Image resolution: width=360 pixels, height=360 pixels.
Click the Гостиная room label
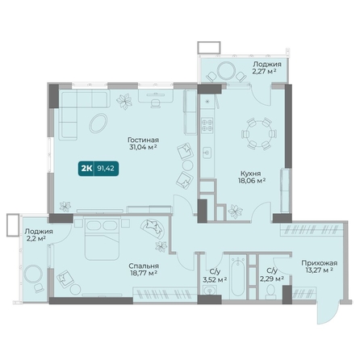tap(143, 140)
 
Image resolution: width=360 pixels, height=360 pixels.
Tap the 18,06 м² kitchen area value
tap(252, 181)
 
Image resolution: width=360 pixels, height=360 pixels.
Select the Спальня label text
tap(144, 266)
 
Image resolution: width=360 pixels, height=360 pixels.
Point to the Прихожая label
tap(319, 263)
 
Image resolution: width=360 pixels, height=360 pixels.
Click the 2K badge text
tap(86, 169)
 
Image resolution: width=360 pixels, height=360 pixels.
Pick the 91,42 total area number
tap(106, 169)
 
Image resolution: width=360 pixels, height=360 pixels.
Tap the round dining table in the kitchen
tap(259, 134)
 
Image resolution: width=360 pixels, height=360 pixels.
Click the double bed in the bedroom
tap(102, 239)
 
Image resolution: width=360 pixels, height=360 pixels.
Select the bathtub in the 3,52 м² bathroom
tap(238, 276)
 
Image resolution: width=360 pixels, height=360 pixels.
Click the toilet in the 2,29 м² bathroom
tap(270, 292)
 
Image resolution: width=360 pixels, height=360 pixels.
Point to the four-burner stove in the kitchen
tap(207, 125)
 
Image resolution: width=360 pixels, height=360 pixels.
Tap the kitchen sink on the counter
tap(207, 153)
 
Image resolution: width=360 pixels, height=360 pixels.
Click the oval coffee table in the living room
tap(98, 123)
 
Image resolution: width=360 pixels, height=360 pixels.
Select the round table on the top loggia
tap(226, 71)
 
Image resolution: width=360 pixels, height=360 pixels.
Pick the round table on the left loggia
tap(33, 274)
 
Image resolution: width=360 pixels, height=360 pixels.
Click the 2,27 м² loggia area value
tap(265, 71)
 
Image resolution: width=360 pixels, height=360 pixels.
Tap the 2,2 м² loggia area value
tap(35, 238)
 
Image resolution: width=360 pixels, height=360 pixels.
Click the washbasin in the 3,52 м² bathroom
tap(209, 291)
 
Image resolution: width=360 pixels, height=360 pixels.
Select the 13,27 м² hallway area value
tap(320, 270)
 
